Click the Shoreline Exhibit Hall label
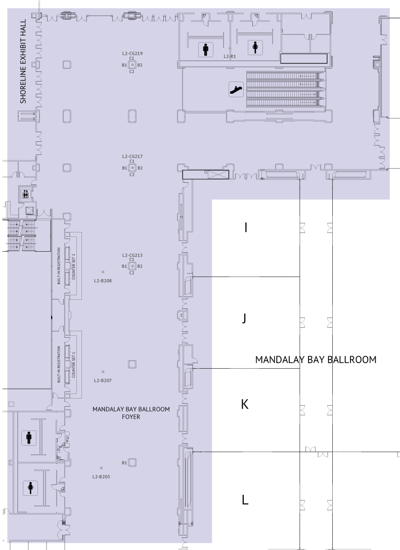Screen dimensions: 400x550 pos(23,61)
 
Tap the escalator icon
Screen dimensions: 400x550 pos(236,90)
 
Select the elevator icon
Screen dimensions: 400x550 pos(25,193)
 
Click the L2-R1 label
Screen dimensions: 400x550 pos(230,56)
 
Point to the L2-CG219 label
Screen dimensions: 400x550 pos(132,54)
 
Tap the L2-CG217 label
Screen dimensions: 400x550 pos(132,156)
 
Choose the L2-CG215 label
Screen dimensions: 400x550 pos(132,255)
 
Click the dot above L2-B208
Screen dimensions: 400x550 pos(103,272)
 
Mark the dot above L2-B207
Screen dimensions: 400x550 pos(103,371)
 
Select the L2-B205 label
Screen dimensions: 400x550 pos(101,477)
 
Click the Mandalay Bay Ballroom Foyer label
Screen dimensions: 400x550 pos(131,413)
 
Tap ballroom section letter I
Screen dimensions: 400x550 pos(246,227)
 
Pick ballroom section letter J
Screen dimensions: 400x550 pos(244,318)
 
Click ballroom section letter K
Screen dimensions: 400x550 pos(245,404)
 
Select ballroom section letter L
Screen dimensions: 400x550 pos(245,499)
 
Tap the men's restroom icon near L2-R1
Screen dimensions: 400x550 pos(206,49)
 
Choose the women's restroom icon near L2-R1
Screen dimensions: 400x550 pos(255,48)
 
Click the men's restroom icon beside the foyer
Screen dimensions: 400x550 pos(29,438)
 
